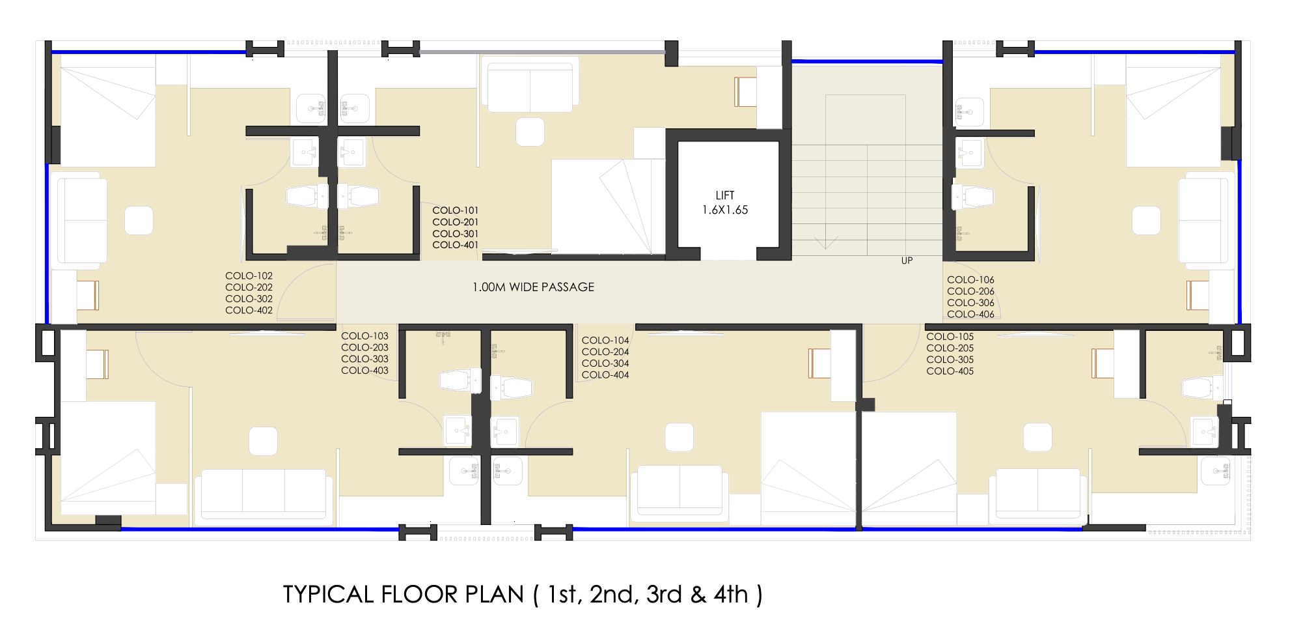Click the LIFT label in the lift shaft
coord(725,195)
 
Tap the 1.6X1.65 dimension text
coord(725,210)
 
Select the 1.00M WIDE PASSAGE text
coord(533,287)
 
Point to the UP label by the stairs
coord(907,261)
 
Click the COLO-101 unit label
coord(455,210)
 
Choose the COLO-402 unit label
coord(249,310)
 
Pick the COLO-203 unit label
coord(364,347)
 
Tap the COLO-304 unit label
coord(605,363)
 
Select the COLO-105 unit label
coord(950,337)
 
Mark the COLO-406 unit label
coord(970,314)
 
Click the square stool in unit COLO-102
coord(139,221)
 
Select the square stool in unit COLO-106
coord(1146,220)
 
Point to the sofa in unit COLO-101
coord(530,87)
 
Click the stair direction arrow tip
coord(825,249)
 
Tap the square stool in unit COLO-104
coord(679,437)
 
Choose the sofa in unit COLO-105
coord(1038,494)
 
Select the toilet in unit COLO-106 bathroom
coord(973,197)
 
